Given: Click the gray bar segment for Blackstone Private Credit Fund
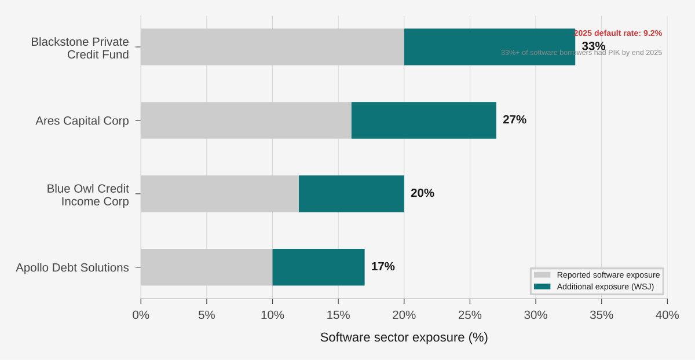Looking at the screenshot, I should click(x=272, y=47).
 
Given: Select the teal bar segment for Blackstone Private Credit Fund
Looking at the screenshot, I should click(x=489, y=47).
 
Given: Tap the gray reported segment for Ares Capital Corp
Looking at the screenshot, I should click(x=246, y=120).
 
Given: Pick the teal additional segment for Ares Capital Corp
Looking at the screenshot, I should click(x=424, y=120).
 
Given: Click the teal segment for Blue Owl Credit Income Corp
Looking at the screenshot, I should click(x=352, y=194).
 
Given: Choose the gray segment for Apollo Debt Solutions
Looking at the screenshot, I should click(x=207, y=267).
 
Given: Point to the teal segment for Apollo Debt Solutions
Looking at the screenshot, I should click(x=319, y=267).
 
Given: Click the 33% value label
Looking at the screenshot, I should click(x=594, y=46).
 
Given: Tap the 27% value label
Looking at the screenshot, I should click(x=514, y=120).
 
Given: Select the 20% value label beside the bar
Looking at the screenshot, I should click(x=422, y=193).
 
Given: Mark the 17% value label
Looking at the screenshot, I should click(x=383, y=267).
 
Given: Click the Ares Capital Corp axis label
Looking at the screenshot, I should click(x=82, y=121).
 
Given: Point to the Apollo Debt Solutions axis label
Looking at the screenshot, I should click(x=72, y=268).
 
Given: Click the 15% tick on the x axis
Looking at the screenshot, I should click(x=338, y=315).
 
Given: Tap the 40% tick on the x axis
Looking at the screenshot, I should click(x=667, y=315).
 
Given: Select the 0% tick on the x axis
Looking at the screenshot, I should click(x=141, y=315).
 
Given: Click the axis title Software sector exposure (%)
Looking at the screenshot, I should click(x=404, y=337).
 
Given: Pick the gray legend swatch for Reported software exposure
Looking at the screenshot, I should click(x=542, y=275).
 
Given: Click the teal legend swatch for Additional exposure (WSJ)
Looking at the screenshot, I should click(x=542, y=287).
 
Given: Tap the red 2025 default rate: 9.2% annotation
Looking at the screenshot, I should click(x=618, y=34).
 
